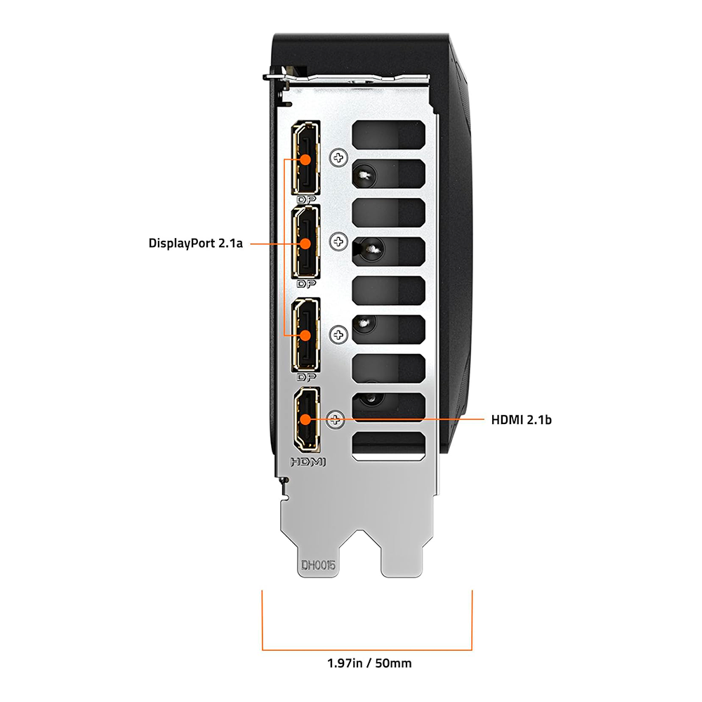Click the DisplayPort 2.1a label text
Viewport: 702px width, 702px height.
click(196, 243)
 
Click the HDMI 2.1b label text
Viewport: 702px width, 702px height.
click(521, 420)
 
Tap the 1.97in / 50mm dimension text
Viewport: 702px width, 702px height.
click(369, 663)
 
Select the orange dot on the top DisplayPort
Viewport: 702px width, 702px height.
click(305, 159)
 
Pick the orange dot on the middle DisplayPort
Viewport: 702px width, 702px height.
click(305, 244)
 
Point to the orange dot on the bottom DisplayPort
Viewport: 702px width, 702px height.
click(305, 336)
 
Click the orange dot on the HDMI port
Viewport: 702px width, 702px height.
click(305, 420)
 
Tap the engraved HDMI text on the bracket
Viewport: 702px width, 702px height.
click(308, 462)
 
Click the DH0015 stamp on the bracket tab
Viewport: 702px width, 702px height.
click(318, 565)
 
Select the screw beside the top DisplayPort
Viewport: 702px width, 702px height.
click(338, 157)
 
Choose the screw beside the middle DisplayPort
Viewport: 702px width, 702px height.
click(338, 241)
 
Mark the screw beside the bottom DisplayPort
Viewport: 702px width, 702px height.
click(338, 334)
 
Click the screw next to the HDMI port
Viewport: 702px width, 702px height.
click(336, 420)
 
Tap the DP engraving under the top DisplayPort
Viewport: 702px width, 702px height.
click(306, 199)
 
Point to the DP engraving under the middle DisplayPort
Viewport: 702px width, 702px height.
click(306, 284)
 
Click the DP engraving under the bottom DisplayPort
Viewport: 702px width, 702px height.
click(306, 378)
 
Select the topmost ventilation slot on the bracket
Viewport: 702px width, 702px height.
click(388, 134)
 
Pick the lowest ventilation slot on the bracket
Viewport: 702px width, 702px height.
click(388, 446)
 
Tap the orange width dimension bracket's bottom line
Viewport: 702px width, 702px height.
click(367, 649)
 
